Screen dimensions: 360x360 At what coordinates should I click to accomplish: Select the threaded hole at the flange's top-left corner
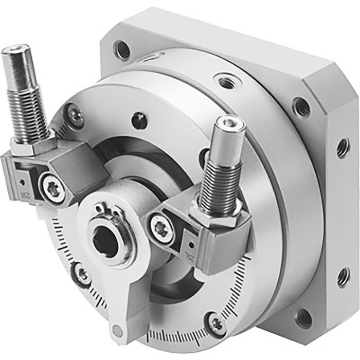point(123,50)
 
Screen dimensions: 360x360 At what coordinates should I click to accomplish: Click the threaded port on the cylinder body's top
point(225,81)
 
